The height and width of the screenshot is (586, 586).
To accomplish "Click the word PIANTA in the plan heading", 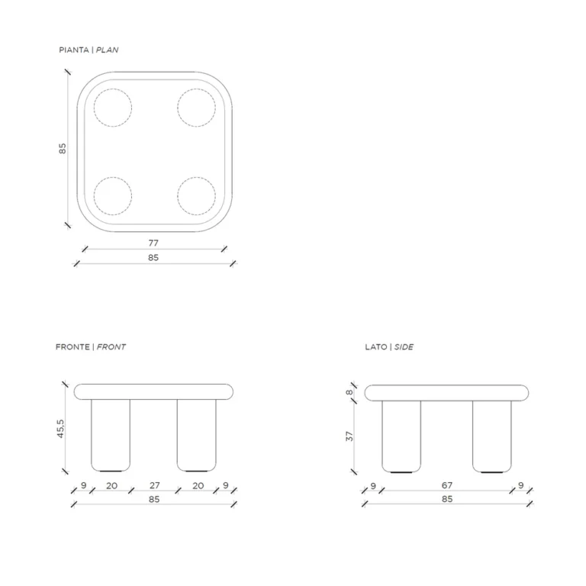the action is (74, 50).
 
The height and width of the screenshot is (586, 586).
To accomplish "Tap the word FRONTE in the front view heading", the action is (72, 347).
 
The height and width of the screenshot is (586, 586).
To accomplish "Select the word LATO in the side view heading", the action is (376, 347).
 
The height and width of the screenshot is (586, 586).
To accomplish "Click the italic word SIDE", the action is (404, 347).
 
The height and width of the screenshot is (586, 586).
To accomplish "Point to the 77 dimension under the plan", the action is (153, 243).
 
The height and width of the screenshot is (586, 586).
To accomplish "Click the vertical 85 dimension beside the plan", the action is (63, 148).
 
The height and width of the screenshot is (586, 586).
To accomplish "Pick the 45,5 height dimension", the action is (60, 429).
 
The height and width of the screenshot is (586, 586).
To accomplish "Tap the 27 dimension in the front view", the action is (155, 485).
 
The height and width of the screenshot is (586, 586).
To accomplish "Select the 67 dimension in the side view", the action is (447, 485).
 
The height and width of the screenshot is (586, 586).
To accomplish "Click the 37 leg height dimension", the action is (349, 436).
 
